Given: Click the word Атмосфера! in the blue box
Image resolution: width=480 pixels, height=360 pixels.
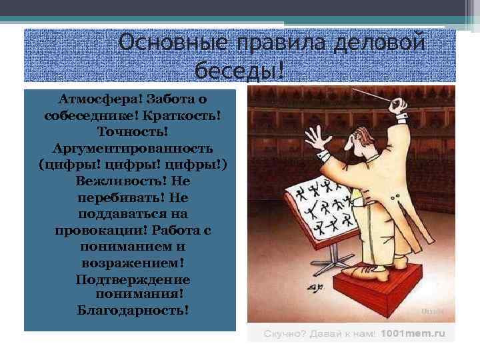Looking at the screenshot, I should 93,99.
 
